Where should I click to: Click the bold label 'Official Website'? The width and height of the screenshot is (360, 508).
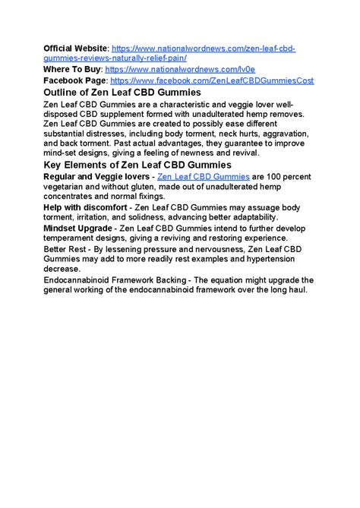pos(75,48)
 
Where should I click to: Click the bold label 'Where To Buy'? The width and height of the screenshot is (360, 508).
pos(72,69)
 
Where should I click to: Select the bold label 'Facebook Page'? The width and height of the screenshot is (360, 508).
pos(75,80)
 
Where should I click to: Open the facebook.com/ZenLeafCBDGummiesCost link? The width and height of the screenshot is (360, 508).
pos(213,80)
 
